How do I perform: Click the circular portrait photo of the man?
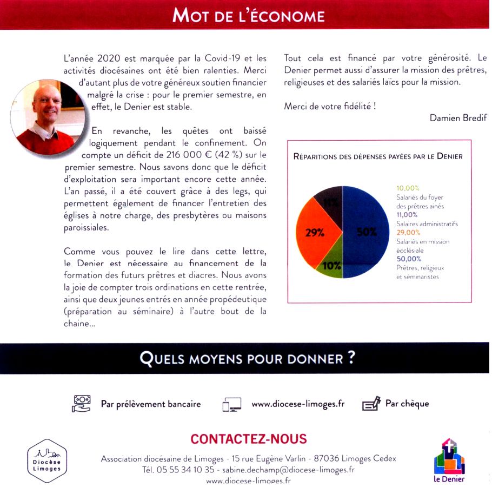(x=48, y=116)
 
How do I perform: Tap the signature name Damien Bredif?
(x=458, y=118)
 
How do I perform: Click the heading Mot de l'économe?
(x=248, y=15)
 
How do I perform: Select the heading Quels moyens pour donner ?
(x=247, y=358)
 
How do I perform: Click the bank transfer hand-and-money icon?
(x=81, y=404)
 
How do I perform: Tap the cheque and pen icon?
(x=371, y=404)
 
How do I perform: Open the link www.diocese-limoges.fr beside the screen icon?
(x=298, y=404)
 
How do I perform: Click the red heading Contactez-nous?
(x=249, y=439)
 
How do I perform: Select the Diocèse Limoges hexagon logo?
(x=47, y=460)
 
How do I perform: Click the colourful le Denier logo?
(x=449, y=460)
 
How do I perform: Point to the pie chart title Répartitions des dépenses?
(x=377, y=156)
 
